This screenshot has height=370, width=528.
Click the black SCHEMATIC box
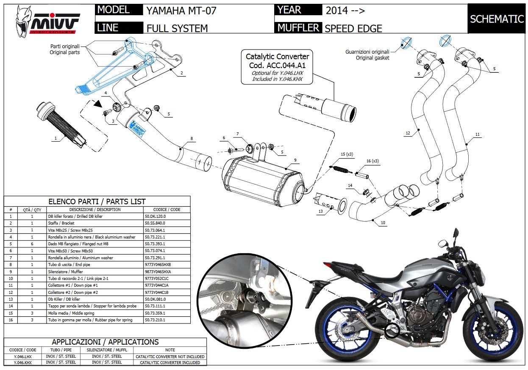(497, 19)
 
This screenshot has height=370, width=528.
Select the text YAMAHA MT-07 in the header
(181, 11)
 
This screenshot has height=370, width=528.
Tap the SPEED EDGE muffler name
(353, 28)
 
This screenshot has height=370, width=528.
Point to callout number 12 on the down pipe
(408, 133)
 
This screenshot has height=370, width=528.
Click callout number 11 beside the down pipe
(478, 134)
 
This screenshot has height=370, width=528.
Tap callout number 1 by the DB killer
(55, 138)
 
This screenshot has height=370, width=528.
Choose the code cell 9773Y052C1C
(157, 279)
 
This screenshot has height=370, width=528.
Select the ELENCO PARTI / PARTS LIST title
(97, 202)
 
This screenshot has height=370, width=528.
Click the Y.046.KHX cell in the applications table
(23, 362)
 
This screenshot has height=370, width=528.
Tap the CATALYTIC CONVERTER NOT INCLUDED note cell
(170, 356)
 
